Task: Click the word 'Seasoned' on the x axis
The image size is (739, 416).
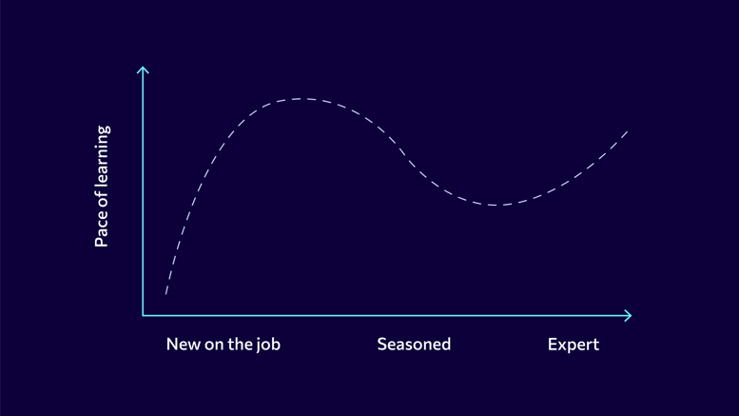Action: coord(414,345)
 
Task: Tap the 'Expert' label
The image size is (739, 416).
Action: coord(574,345)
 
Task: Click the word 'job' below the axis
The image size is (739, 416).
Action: coord(268,346)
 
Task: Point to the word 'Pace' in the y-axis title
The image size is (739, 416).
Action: coord(102,230)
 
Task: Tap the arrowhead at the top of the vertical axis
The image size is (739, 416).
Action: coord(143,69)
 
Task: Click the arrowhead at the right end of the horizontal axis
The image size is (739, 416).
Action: coord(629,315)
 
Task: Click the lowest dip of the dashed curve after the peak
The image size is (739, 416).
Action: coord(495,206)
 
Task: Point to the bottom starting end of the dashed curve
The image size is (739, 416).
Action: coord(165,294)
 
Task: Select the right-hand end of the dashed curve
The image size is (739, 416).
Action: coord(628,131)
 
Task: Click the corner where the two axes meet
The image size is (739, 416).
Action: coord(143,315)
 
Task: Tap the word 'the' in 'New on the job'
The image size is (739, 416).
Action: coord(240,345)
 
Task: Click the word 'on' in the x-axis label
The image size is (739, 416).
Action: coord(214,346)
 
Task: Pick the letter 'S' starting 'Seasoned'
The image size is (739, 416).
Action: coord(382,345)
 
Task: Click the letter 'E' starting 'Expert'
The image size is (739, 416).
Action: coord(553,345)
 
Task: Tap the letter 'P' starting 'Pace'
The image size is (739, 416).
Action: coord(102,242)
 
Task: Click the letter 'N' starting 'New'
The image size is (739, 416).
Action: coord(172,345)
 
